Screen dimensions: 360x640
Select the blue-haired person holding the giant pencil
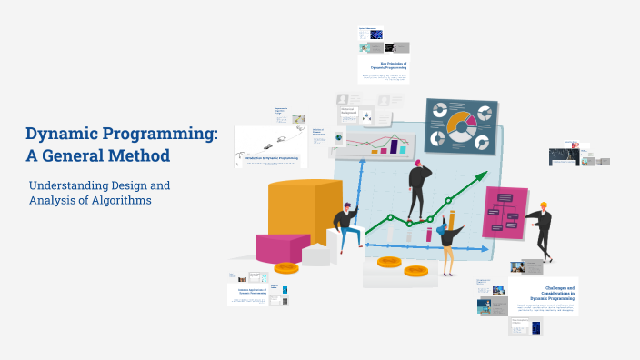click(x=448, y=241)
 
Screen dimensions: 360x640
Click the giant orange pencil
click(x=450, y=224)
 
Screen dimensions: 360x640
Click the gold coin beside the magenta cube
click(x=286, y=267)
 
